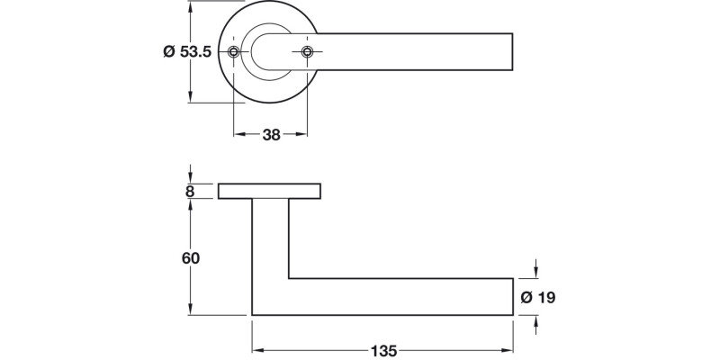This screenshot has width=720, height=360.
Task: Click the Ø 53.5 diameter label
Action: pyautogui.click(x=186, y=52)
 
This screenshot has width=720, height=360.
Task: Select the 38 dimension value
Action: pyautogui.click(x=271, y=135)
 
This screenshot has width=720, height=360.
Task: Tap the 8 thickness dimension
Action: pyautogui.click(x=190, y=191)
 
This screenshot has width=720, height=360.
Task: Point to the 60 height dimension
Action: pyautogui.click(x=190, y=257)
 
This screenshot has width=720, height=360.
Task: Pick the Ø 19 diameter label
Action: pyautogui.click(x=538, y=297)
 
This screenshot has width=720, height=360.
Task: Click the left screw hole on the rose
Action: pyautogui.click(x=234, y=52)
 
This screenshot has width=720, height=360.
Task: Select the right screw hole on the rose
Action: pyautogui.click(x=308, y=52)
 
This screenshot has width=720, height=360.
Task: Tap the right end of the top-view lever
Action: pyautogui.click(x=511, y=52)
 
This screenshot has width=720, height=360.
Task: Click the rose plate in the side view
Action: pyautogui.click(x=270, y=191)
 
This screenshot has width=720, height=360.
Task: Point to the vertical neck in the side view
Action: pyautogui.click(x=270, y=243)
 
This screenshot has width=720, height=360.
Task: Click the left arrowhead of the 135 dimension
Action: pyautogui.click(x=256, y=349)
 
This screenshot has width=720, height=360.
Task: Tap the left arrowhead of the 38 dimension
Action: pyautogui.click(x=238, y=135)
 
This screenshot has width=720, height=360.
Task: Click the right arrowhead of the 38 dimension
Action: pyautogui.click(x=303, y=135)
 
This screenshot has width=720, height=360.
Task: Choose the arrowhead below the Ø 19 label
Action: pyautogui.click(x=537, y=320)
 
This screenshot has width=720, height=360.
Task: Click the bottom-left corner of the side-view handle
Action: pyautogui.click(x=253, y=314)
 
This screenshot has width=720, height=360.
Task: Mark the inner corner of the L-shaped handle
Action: pyautogui.click(x=288, y=278)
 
